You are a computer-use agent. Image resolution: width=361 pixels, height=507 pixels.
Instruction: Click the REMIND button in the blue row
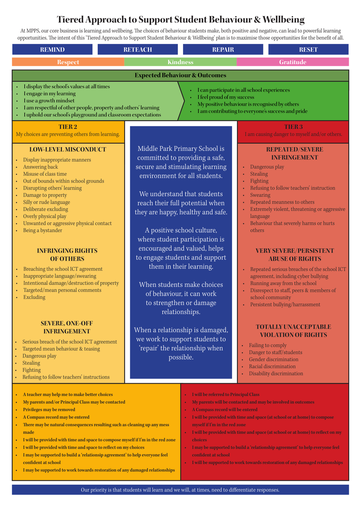[x=52, y=49]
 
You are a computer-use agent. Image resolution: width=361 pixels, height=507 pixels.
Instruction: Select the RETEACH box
[x=138, y=49]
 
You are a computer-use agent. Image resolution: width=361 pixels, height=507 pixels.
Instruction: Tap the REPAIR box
[x=223, y=49]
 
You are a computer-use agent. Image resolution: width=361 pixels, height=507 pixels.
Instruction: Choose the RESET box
[x=309, y=49]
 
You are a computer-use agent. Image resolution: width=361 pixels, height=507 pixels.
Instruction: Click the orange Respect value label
[x=68, y=62]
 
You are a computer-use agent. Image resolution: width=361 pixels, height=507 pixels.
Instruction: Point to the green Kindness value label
[x=180, y=62]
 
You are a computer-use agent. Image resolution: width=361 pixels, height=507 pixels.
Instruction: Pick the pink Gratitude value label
[x=293, y=62]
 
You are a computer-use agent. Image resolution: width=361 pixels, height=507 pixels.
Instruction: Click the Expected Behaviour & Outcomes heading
[x=180, y=75]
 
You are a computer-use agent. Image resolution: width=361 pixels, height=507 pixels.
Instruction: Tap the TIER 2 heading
[x=68, y=126]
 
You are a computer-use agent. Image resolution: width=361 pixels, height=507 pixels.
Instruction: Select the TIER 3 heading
[x=293, y=126]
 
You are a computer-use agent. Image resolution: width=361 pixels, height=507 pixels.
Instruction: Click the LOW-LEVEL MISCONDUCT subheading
[x=68, y=150]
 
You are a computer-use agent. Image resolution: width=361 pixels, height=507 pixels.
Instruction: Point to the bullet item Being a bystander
[x=43, y=230]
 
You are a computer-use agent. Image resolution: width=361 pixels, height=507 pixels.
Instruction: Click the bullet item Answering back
[x=41, y=167]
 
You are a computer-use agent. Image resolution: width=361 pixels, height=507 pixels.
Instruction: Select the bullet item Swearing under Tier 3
[x=260, y=195]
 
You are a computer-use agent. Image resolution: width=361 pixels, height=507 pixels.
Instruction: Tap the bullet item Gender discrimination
[x=273, y=360]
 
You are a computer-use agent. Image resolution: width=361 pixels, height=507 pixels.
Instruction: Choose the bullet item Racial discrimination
[x=272, y=366]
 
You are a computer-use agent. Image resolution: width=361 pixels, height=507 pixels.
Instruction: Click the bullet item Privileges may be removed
[x=49, y=409]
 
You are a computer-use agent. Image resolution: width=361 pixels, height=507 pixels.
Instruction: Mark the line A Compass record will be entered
[x=224, y=409]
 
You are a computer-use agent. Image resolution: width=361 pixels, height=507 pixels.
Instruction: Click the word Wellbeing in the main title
[x=284, y=20]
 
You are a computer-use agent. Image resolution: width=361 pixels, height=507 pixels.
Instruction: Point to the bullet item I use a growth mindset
[x=49, y=101]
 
